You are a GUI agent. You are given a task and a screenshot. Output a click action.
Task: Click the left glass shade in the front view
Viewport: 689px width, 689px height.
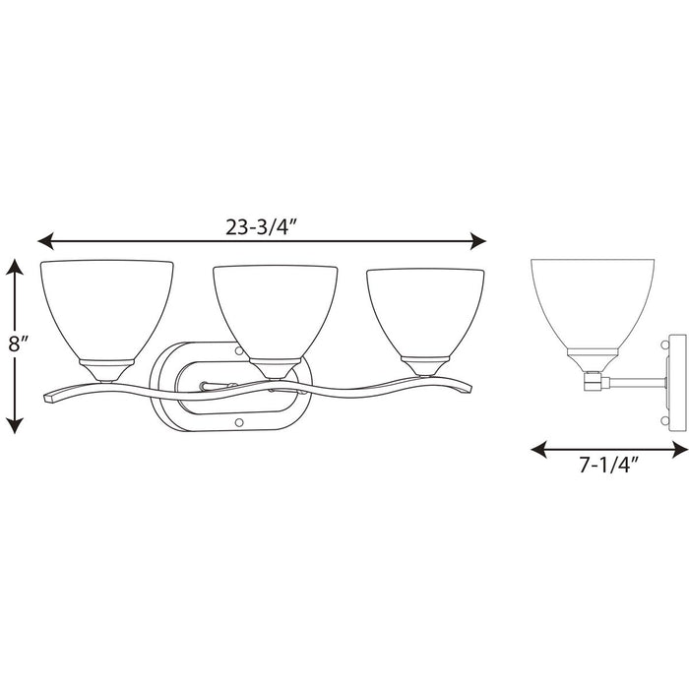click(106, 305)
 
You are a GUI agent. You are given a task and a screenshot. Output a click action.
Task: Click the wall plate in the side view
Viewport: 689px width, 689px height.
click(676, 384)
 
